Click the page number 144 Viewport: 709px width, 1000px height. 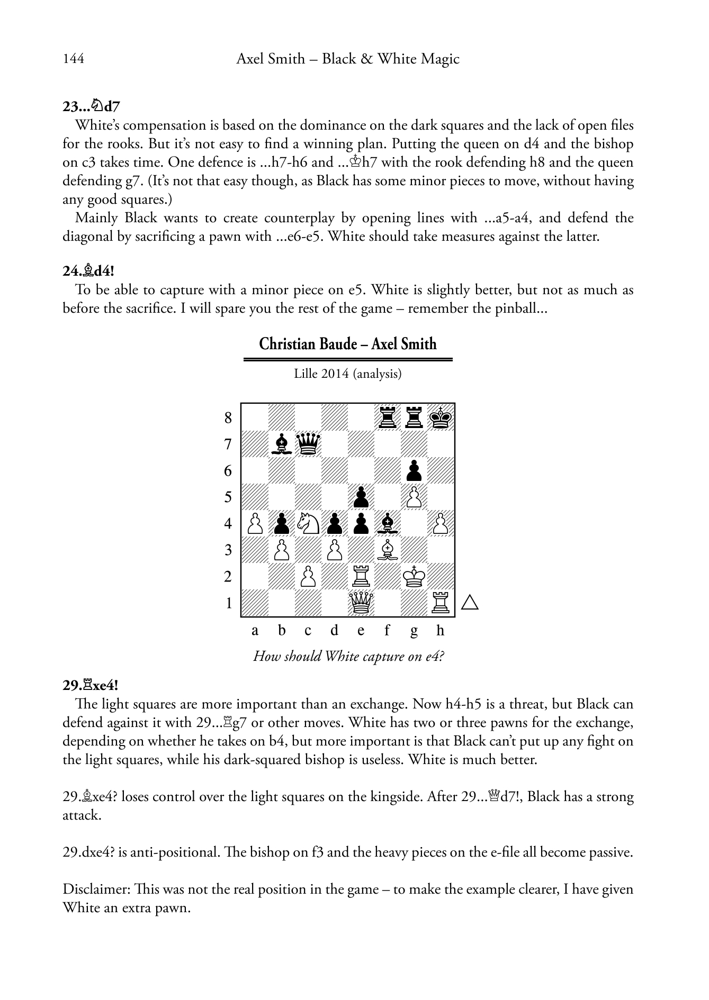pos(73,59)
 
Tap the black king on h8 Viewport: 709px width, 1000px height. pos(441,417)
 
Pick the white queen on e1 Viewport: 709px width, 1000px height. pos(361,603)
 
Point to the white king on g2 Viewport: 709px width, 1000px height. pos(414,576)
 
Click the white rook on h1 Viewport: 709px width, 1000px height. pos(441,603)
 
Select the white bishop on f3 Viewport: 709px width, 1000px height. pos(388,550)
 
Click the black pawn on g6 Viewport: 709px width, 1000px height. pos(414,470)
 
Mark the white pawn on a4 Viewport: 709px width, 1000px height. pos(255,523)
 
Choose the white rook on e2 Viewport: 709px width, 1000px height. pos(361,576)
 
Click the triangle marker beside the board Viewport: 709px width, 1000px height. pos(470,603)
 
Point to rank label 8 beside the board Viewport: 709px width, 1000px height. pos(228,418)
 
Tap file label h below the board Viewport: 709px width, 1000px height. pos(441,631)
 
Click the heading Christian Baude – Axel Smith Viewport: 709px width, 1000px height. pos(348,344)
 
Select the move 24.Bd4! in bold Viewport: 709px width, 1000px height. pos(88,271)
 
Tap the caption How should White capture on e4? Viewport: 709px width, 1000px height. pos(348,657)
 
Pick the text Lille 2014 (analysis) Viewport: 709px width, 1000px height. pos(348,374)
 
